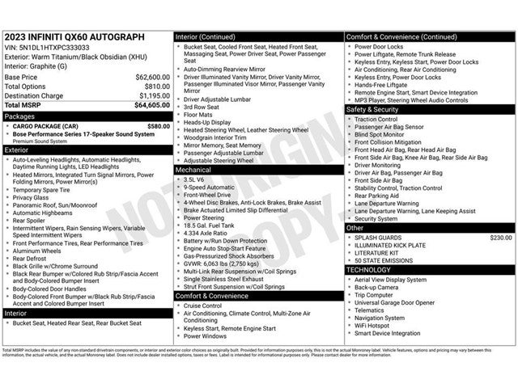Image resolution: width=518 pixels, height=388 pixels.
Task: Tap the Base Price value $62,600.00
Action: pos(152,77)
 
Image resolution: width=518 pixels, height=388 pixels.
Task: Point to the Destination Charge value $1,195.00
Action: pos(153,95)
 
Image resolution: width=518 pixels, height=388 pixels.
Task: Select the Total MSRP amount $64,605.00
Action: pos(152,105)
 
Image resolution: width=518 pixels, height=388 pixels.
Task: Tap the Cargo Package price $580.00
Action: pos(158,126)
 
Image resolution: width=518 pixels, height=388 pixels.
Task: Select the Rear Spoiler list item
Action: pos(33,220)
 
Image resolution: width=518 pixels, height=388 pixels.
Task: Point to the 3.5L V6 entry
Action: pos(196,179)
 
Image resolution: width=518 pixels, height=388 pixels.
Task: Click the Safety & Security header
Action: pos(372,109)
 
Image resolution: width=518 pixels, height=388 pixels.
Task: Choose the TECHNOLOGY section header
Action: pos(368,270)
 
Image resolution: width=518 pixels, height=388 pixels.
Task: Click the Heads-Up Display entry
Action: pos(207,122)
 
